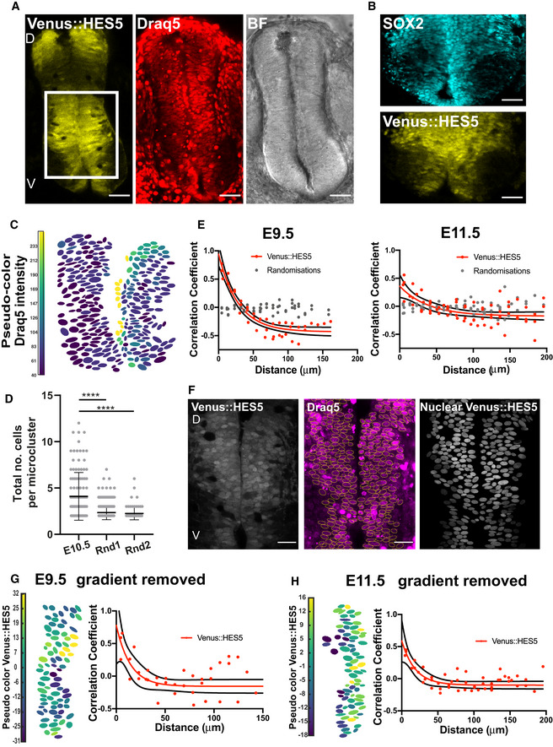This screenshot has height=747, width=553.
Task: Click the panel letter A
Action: click(x=8, y=8)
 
